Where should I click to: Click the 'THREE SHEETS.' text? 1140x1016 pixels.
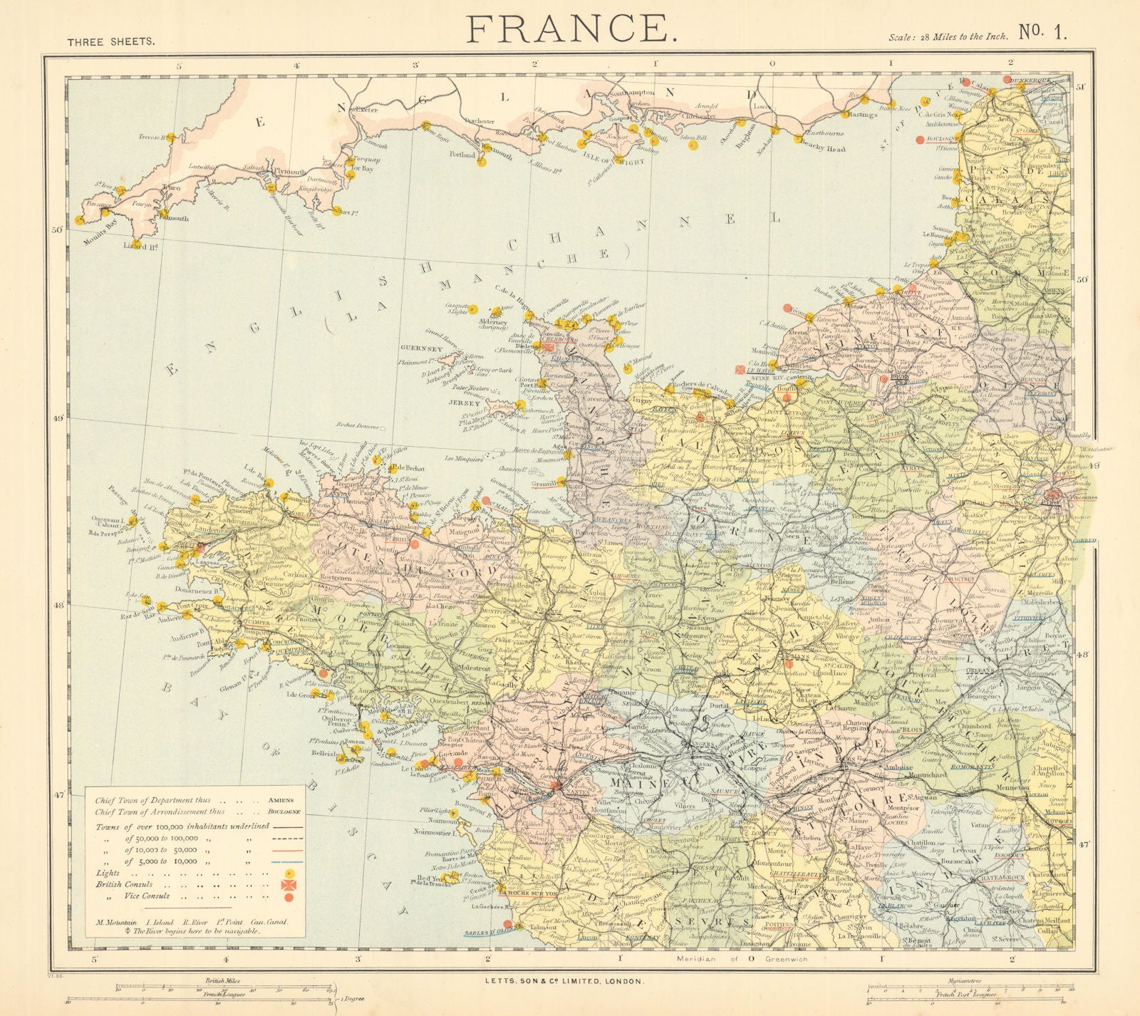(x=110, y=42)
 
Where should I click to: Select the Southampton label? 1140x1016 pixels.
(x=630, y=93)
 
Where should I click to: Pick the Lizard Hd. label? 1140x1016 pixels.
(x=140, y=247)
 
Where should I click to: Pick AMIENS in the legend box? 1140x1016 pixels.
(x=282, y=800)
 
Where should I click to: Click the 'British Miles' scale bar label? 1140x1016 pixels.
(x=223, y=981)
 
